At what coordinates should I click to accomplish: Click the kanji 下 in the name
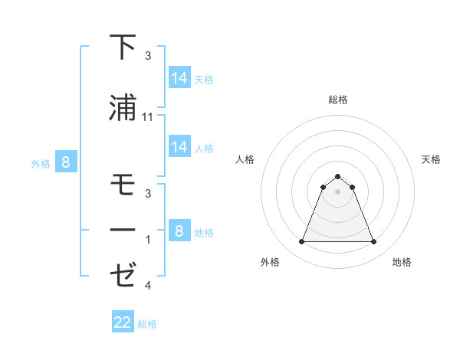click(123, 47)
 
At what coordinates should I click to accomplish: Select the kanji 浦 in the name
click(123, 107)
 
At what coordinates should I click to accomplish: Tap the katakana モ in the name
click(123, 185)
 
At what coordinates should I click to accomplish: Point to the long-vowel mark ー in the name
click(123, 229)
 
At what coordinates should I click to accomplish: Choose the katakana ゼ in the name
click(123, 273)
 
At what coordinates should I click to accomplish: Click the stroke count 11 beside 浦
click(148, 116)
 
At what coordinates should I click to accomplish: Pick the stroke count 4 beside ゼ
click(147, 286)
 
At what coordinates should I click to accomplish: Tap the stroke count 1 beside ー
click(147, 240)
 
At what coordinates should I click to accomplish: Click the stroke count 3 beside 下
click(147, 56)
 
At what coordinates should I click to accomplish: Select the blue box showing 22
click(123, 322)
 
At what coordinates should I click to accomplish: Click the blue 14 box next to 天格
click(179, 77)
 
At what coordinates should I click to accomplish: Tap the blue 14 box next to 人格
click(179, 147)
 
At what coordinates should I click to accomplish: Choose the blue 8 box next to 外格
click(66, 162)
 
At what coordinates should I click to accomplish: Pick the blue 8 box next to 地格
click(179, 231)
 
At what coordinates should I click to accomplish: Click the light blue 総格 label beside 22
click(147, 324)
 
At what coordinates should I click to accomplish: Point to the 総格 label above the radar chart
click(337, 100)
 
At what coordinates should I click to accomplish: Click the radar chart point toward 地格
click(374, 242)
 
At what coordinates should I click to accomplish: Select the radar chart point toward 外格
click(301, 242)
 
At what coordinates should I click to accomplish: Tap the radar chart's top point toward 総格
click(337, 176)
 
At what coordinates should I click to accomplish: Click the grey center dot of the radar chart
click(337, 191)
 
